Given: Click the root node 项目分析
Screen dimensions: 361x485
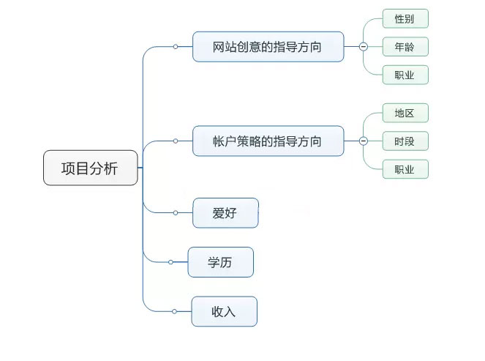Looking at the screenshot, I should click(90, 168).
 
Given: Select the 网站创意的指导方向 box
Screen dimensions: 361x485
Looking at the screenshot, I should click(268, 47).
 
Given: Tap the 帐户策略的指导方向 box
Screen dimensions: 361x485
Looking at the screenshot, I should click(268, 141).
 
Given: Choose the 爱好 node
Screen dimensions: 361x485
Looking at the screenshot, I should click(225, 213).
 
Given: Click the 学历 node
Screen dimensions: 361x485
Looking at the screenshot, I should click(220, 262).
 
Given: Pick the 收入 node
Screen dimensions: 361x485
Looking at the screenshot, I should click(224, 311).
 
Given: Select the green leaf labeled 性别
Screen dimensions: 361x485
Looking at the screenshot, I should click(405, 19).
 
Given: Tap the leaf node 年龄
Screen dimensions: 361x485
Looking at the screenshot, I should click(405, 47).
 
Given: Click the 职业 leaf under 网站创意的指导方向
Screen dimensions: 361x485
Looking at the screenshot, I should click(405, 75).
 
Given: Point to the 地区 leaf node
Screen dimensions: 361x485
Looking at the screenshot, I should click(405, 113).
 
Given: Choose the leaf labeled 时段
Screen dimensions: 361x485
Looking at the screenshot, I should click(405, 141).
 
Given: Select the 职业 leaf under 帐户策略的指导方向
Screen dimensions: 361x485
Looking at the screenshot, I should click(405, 169).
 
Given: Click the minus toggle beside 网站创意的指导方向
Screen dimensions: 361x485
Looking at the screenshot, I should click(363, 47).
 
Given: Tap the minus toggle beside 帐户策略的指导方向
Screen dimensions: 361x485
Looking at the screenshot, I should click(363, 141).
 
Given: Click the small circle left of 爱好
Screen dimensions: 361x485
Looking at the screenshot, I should click(176, 213).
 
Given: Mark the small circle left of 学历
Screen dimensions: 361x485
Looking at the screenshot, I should click(171, 262).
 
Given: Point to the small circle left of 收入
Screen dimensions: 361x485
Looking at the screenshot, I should click(175, 311).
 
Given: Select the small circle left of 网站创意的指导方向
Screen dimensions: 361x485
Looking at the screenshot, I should click(176, 47).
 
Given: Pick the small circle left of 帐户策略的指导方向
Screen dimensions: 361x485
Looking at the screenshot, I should click(176, 141).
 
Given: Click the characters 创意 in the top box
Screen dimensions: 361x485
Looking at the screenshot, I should click(251, 47).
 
